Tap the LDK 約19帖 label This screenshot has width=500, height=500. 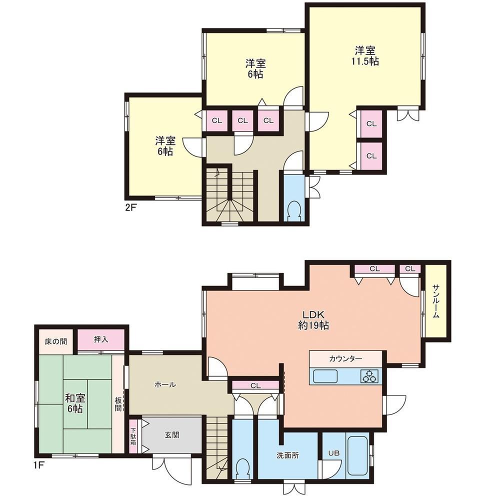pyautogui.click(x=313, y=320)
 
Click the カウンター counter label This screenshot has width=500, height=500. pyautogui.click(x=345, y=358)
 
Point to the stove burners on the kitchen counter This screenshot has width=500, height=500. pyautogui.click(x=369, y=376)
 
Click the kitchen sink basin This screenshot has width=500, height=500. pyautogui.click(x=325, y=376)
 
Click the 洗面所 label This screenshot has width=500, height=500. pyautogui.click(x=287, y=455)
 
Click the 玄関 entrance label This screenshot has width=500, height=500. pyautogui.click(x=171, y=435)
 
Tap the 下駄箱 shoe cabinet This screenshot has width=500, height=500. pyautogui.click(x=133, y=436)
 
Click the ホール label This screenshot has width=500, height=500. pyautogui.click(x=165, y=384)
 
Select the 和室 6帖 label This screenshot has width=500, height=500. pyautogui.click(x=75, y=403)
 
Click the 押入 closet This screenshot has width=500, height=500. pyautogui.click(x=101, y=340)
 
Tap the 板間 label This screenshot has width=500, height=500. pyautogui.click(x=118, y=403)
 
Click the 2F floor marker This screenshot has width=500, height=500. pyautogui.click(x=130, y=207)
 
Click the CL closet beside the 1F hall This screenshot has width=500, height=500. pyautogui.click(x=255, y=385)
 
